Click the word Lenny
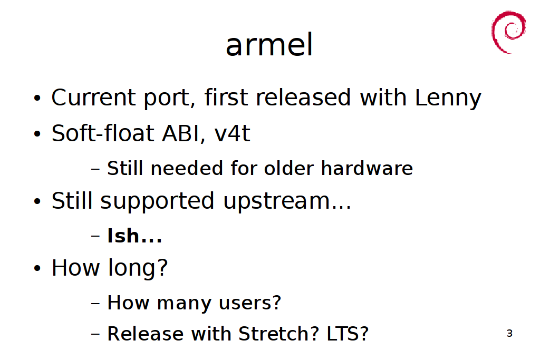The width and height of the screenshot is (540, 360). pyautogui.click(x=448, y=98)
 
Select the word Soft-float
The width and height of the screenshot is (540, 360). pyautogui.click(x=103, y=133)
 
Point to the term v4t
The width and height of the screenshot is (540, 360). pyautogui.click(x=232, y=133)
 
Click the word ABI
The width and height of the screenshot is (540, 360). pyautogui.click(x=180, y=133)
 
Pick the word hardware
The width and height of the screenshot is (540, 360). pyautogui.click(x=367, y=168)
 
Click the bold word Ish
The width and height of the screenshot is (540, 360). pyautogui.click(x=123, y=236)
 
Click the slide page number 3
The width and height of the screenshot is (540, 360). pyautogui.click(x=510, y=333)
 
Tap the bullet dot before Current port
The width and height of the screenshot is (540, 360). pyautogui.click(x=37, y=98)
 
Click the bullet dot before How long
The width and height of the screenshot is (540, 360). pyautogui.click(x=37, y=268)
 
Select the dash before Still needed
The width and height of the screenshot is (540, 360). pyautogui.click(x=95, y=169)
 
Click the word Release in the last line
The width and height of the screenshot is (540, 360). pyautogui.click(x=146, y=334)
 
